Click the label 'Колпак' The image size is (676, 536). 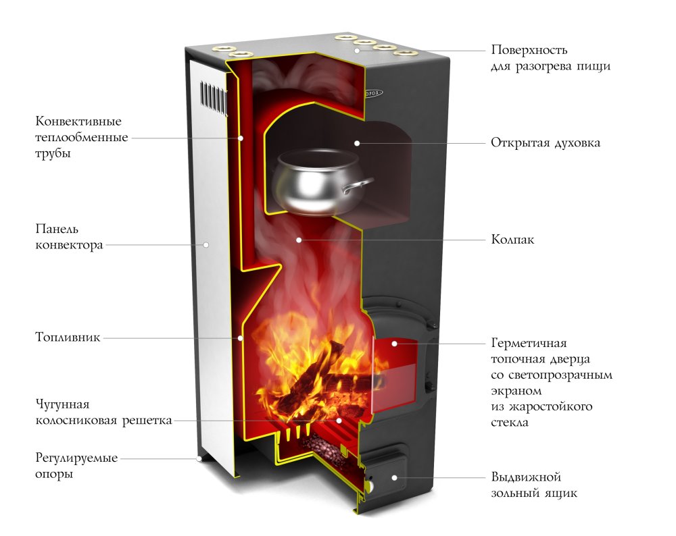click(x=512, y=240)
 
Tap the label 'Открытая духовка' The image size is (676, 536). click(x=546, y=143)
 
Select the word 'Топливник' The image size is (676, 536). click(x=68, y=337)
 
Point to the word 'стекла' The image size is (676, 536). click(x=510, y=423)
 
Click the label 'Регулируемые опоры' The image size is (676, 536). click(x=76, y=466)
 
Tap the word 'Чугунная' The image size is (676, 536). click(x=62, y=404)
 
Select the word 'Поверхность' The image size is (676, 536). click(x=529, y=51)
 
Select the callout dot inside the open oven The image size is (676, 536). click(x=356, y=143)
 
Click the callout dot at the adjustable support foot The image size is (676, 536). click(x=199, y=458)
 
